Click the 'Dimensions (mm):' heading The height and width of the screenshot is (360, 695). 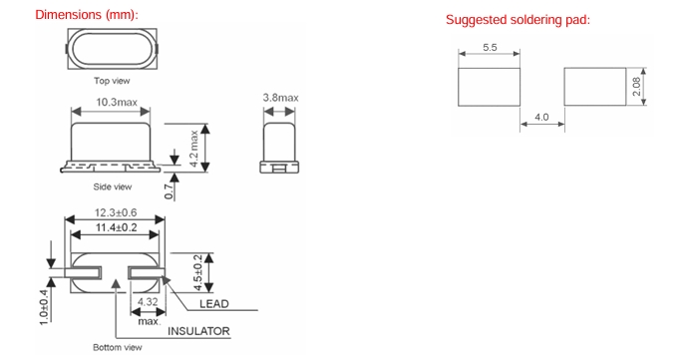(87, 15)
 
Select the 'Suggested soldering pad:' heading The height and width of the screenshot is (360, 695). (518, 20)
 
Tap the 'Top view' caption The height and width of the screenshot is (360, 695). (112, 81)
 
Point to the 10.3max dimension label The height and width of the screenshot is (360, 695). (117, 102)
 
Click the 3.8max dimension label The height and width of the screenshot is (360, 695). (280, 98)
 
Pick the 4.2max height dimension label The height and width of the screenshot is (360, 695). (193, 148)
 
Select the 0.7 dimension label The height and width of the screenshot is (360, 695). (169, 191)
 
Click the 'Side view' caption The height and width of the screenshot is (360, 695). (112, 186)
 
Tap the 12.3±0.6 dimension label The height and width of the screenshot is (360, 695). (116, 212)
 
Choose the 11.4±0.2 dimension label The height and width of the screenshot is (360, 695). (117, 228)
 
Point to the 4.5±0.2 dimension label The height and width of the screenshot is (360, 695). (198, 272)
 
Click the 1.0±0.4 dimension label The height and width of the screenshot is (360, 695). (44, 307)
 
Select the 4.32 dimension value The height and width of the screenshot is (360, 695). (148, 302)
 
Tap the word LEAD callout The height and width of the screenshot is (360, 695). (214, 304)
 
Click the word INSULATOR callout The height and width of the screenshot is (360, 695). (198, 331)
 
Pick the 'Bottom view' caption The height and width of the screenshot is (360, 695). (118, 347)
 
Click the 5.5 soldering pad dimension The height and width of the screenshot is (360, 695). (490, 48)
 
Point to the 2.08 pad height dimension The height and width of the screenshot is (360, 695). (636, 87)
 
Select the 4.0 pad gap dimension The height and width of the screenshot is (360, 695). (541, 117)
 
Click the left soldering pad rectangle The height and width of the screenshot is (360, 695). (489, 87)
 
